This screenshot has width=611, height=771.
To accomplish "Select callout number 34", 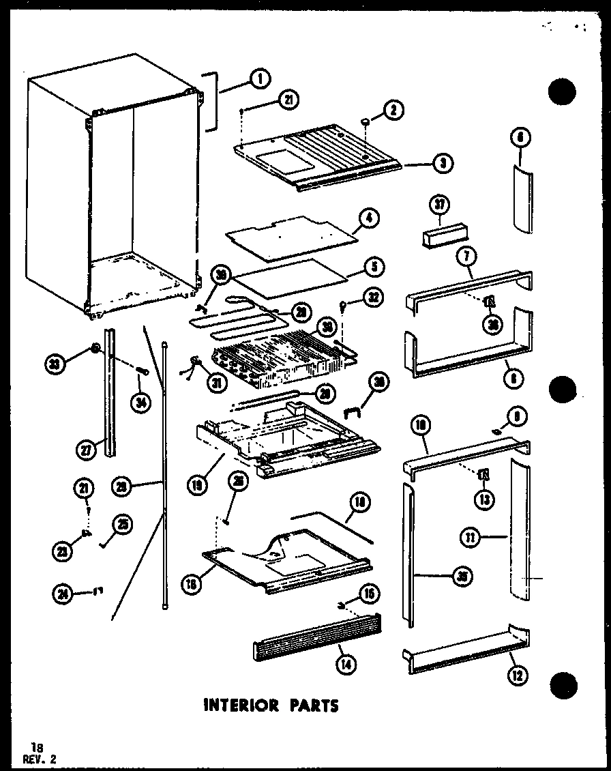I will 140,403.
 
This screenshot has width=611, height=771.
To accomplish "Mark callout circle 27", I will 86,450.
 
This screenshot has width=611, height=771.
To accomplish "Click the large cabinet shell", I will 109,191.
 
